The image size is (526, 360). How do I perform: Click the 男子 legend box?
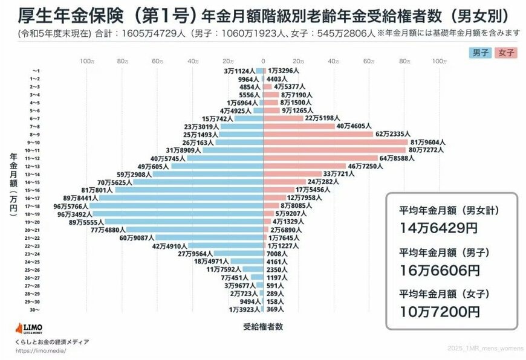(x=481, y=53)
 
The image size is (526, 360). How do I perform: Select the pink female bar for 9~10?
(x=336, y=142)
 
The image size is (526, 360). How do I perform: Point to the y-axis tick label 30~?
(x=34, y=309)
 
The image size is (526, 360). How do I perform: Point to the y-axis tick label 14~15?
(x=34, y=182)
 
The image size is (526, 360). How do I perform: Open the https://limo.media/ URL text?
(x=41, y=350)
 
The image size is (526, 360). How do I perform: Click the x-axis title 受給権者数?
(x=262, y=327)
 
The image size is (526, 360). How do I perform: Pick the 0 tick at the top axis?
(x=263, y=62)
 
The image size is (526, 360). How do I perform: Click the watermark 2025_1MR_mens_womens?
(x=486, y=349)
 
